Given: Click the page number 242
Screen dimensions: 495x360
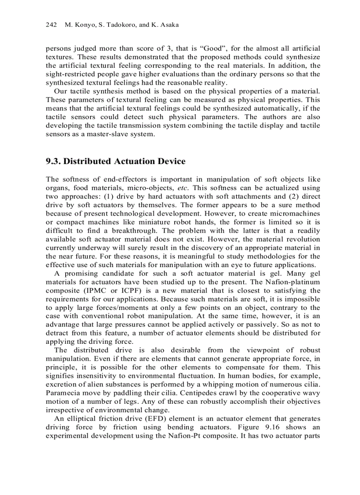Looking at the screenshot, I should pyautogui.click(x=52, y=25).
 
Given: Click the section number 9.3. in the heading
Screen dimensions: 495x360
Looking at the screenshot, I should pyautogui.click(x=53, y=161).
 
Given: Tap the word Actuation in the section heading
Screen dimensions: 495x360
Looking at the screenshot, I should pyautogui.click(x=135, y=161).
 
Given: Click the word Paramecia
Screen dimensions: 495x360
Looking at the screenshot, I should pyautogui.click(x=62, y=385).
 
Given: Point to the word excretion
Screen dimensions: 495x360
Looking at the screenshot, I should pyautogui.click(x=62, y=376).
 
